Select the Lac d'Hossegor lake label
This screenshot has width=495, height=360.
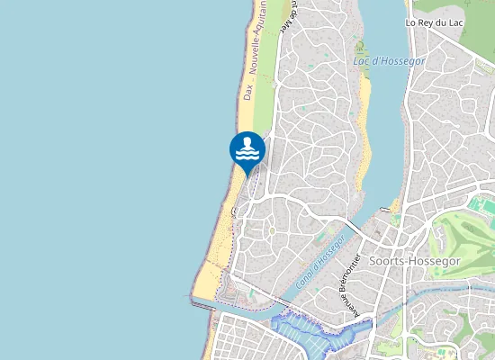[390, 61]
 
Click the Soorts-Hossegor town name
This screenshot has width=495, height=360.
[419, 261]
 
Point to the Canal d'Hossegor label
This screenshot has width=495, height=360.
[319, 263]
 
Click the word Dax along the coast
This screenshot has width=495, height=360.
[247, 91]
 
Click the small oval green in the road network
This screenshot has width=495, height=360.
[272, 232]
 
